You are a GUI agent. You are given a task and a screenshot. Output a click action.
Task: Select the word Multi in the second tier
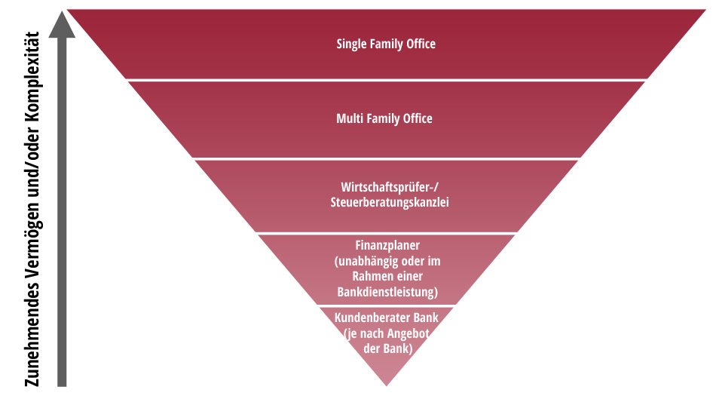[351, 118]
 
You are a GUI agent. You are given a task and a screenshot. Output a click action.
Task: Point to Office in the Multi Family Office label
[418, 118]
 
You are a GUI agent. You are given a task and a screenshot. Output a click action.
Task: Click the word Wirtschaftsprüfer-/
[385, 187]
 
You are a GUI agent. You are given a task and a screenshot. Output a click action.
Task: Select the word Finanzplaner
[387, 246]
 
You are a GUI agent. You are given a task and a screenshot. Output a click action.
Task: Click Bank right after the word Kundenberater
[426, 318]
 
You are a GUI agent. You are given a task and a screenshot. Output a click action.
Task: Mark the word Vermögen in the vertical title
[31, 249]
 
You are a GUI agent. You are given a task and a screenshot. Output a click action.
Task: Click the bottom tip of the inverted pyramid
[387, 382]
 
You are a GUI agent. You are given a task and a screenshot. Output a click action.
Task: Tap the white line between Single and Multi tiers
[387, 80]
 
